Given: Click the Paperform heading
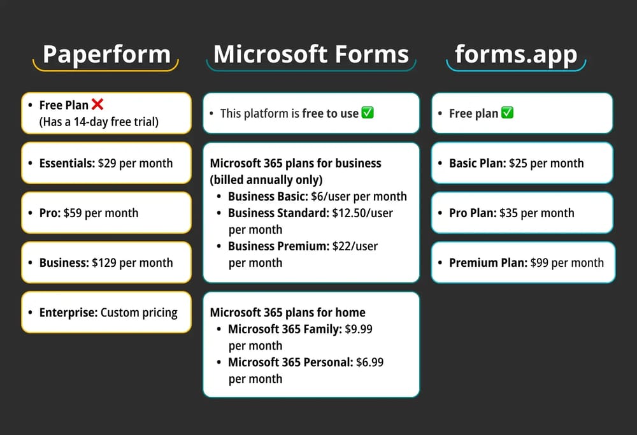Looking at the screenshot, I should (x=106, y=55).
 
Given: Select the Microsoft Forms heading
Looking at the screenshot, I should (x=311, y=55).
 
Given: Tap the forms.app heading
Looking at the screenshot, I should (x=516, y=55).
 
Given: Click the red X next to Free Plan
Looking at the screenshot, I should (x=97, y=104).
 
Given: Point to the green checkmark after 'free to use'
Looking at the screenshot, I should (x=368, y=113).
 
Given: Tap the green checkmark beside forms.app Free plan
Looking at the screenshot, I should (x=507, y=113).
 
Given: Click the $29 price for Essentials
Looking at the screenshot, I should (x=107, y=163).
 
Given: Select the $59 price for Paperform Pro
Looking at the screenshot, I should (x=73, y=213).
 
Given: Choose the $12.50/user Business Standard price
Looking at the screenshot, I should (x=362, y=213).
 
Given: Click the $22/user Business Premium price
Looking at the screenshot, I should (x=355, y=246).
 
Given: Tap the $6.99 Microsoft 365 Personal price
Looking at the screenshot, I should (x=369, y=362).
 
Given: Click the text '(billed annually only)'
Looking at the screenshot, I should (x=266, y=180).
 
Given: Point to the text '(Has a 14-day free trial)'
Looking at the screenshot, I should (x=99, y=121).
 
